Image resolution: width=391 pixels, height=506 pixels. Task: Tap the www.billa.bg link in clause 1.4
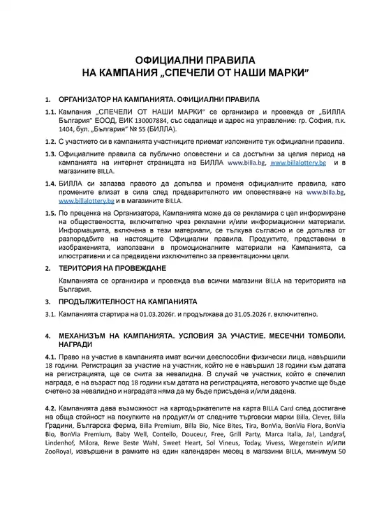click(x=325, y=191)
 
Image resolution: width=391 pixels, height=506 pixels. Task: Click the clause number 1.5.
click(x=50, y=211)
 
